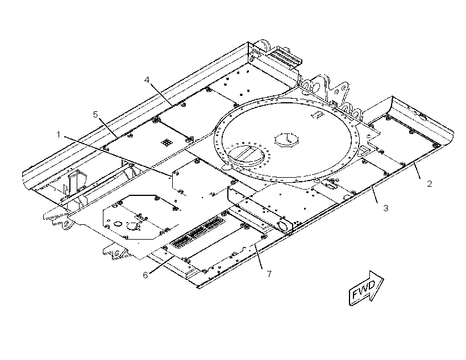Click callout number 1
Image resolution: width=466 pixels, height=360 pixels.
click(x=59, y=135)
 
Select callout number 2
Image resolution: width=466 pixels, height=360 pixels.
click(x=429, y=184)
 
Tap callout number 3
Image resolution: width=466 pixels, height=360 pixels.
click(x=385, y=208)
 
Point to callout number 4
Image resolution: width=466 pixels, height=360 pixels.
click(x=147, y=80)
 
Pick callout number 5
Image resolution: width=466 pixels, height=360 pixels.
click(x=95, y=114)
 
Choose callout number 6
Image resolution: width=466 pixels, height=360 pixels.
click(x=145, y=275)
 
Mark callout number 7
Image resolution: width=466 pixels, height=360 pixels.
click(x=269, y=274)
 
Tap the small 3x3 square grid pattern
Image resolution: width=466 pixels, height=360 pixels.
click(x=166, y=143)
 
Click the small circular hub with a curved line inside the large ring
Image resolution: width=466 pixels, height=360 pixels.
click(x=287, y=139)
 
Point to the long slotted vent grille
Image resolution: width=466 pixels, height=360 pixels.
click(x=197, y=232)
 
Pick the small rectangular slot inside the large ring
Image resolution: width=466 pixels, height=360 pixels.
click(x=318, y=115)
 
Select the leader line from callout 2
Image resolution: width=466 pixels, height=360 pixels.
click(x=417, y=170)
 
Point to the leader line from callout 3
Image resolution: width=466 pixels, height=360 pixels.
click(x=375, y=194)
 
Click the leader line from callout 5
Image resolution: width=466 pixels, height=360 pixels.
click(x=107, y=127)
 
